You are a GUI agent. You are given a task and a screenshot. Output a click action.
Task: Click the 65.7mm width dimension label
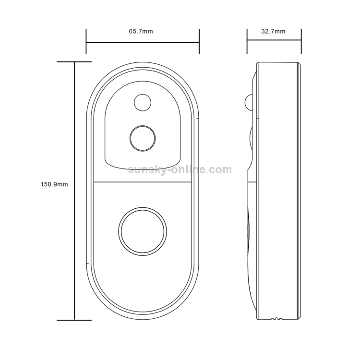pos(141,31)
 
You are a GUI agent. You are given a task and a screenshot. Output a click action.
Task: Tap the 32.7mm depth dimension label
pos(273,31)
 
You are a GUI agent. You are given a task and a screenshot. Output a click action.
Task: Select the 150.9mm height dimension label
pos(54,184)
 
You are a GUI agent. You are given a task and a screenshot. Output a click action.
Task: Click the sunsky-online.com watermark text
pos(180,169)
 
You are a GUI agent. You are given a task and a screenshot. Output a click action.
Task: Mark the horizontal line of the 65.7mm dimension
pos(143,42)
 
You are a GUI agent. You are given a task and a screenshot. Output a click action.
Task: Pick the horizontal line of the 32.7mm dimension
pos(274,40)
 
